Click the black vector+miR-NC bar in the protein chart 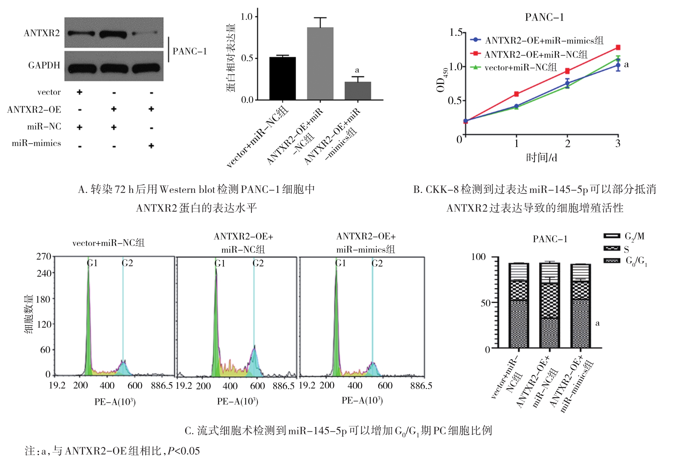[x=283, y=78]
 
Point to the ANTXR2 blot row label [x=42, y=33]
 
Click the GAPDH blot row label [x=44, y=65]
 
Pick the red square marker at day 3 [x=618, y=48]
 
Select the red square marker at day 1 [x=516, y=94]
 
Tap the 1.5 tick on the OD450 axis [x=456, y=32]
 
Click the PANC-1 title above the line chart [x=544, y=17]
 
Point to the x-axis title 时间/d [x=541, y=157]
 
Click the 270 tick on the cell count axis [x=43, y=257]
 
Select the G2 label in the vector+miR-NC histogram [x=127, y=263]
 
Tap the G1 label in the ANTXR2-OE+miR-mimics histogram [x=340, y=263]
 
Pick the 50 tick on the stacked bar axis [x=485, y=303]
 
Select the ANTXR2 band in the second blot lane [x=113, y=34]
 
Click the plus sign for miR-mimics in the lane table [x=151, y=146]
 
